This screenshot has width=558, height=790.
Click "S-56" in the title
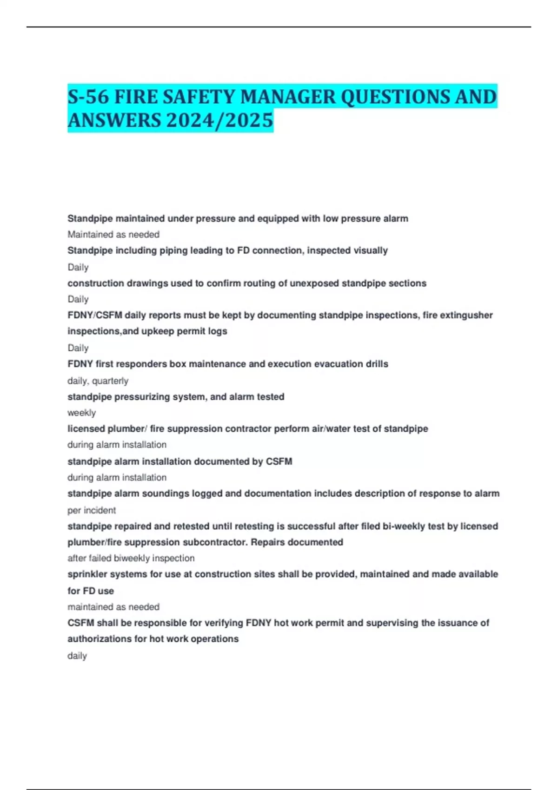(x=88, y=97)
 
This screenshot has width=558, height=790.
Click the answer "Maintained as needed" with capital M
(x=113, y=235)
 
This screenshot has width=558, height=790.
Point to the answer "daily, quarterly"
(x=98, y=381)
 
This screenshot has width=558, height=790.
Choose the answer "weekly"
(x=81, y=413)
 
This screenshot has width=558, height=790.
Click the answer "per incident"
(x=92, y=510)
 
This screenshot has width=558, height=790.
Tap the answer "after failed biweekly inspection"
(x=131, y=558)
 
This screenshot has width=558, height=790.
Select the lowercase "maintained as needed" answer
(x=113, y=607)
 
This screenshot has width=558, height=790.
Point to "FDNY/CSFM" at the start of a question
(x=95, y=315)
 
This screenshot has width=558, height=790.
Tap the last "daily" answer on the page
(x=77, y=656)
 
